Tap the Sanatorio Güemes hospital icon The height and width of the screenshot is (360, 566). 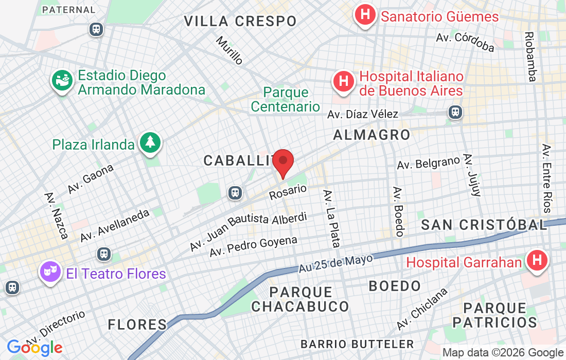click(x=365, y=15)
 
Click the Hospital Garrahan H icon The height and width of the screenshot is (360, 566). click(x=536, y=261)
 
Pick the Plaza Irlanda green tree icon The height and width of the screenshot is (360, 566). click(x=150, y=142)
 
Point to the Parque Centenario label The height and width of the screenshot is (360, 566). click(x=286, y=100)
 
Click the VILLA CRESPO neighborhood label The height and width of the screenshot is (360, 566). click(x=240, y=22)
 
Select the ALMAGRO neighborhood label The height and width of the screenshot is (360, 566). click(x=372, y=135)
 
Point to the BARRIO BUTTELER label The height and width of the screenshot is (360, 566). click(x=357, y=344)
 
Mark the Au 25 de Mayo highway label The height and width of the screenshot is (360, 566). click(x=335, y=263)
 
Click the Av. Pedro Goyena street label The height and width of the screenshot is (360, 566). click(x=253, y=246)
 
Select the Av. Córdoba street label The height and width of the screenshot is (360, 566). click(x=465, y=43)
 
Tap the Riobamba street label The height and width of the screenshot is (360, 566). click(x=529, y=57)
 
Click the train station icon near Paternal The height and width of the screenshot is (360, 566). click(x=96, y=29)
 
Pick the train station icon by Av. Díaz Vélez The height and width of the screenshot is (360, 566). click(x=455, y=112)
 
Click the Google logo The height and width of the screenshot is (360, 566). click(x=34, y=348)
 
